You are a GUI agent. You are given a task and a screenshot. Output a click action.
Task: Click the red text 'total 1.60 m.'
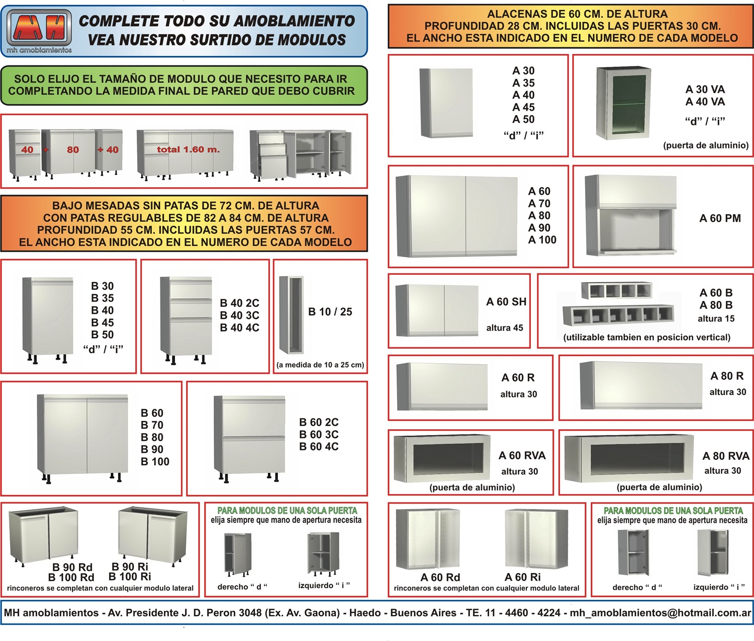point(188,149)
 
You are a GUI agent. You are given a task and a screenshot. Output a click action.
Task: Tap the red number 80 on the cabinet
point(73,149)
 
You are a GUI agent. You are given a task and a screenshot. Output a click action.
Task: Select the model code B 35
point(102,298)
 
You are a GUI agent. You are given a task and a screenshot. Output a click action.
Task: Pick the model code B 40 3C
point(239,315)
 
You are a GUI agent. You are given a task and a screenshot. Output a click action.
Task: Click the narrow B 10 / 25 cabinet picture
point(292,315)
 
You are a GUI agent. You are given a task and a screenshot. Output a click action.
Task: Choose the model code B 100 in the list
point(155,462)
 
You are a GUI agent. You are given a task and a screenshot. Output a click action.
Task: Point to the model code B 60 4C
point(319,447)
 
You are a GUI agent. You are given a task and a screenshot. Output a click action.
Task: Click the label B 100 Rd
point(71,578)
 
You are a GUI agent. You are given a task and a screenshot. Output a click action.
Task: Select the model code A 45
point(523,107)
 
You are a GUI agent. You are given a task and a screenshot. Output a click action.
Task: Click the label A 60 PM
point(720,218)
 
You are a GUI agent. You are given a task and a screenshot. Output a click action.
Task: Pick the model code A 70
point(539,204)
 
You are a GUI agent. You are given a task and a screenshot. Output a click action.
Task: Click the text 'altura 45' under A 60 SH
point(504,328)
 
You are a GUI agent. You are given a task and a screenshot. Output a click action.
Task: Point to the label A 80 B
point(716,305)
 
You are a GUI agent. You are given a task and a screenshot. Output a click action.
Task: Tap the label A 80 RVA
point(725,456)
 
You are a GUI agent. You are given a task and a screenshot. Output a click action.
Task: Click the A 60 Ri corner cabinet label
point(523,578)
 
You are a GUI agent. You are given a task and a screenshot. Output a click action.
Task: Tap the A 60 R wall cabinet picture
point(442,386)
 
